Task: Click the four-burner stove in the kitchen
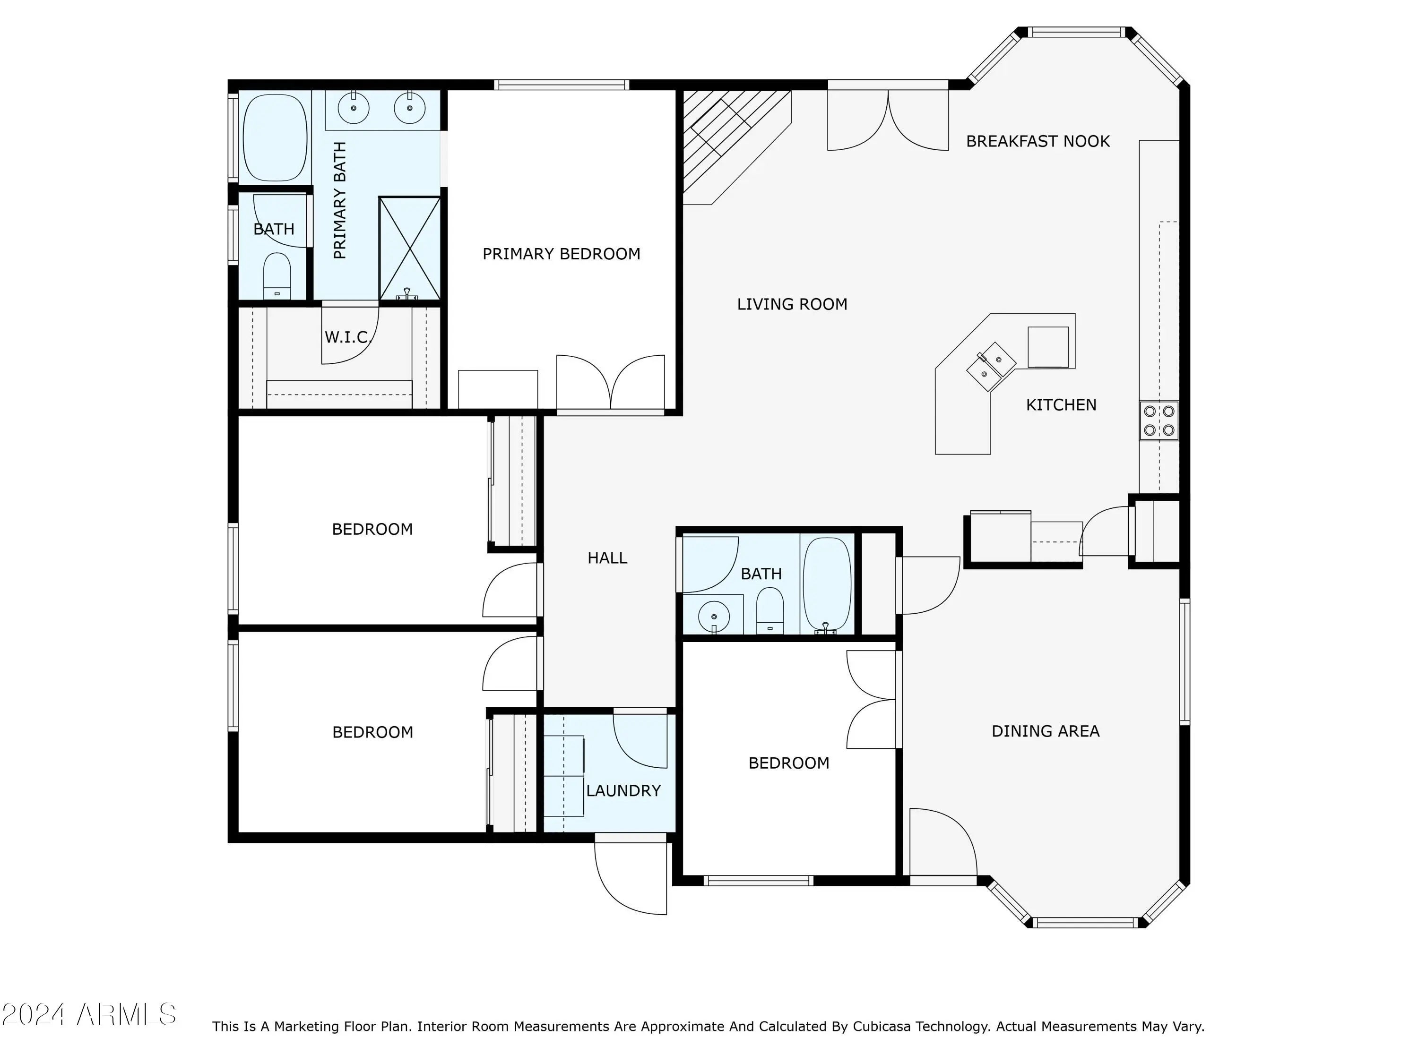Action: pos(1159,420)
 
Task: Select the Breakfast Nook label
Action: pos(1038,141)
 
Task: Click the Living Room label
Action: pos(792,304)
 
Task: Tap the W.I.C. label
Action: pos(348,337)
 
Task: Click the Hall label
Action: pos(607,557)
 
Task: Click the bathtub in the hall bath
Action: pos(827,585)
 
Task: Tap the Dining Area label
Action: pos(1046,730)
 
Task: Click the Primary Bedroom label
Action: pos(561,254)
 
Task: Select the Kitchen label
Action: pos(1061,404)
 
